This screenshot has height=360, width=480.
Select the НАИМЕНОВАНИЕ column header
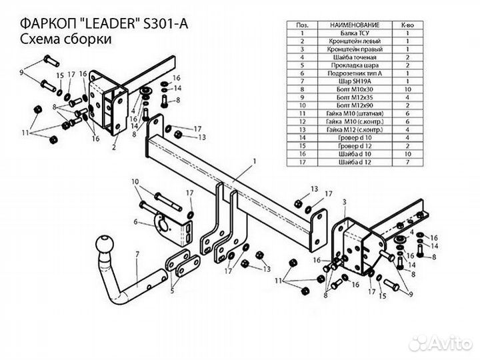(353, 24)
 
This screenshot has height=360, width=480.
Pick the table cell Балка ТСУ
(353, 32)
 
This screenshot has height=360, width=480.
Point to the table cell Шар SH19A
(353, 81)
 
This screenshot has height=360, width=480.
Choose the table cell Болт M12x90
(353, 105)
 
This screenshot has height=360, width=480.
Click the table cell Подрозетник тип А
(353, 73)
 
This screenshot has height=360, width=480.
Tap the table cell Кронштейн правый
(353, 49)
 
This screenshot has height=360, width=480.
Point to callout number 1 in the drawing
(254, 161)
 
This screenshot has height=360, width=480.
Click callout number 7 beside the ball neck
(137, 255)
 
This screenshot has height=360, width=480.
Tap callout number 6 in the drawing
(135, 222)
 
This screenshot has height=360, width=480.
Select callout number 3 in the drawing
(344, 201)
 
